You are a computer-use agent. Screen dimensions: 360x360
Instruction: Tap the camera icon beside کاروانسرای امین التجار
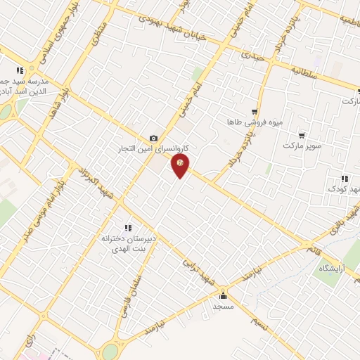pyautogui.click(x=153, y=139)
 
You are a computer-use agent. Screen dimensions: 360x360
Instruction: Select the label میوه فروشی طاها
pyautogui.click(x=255, y=122)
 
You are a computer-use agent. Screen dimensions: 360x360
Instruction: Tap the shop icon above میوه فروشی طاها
pyautogui.click(x=254, y=112)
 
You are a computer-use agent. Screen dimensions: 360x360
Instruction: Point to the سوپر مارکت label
pyautogui.click(x=302, y=146)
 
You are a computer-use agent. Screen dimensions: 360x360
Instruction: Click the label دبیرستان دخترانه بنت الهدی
pyautogui.click(x=127, y=243)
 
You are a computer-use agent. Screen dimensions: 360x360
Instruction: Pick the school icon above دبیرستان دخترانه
pyautogui.click(x=127, y=227)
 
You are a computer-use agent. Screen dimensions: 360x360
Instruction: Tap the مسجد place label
pyautogui.click(x=223, y=307)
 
